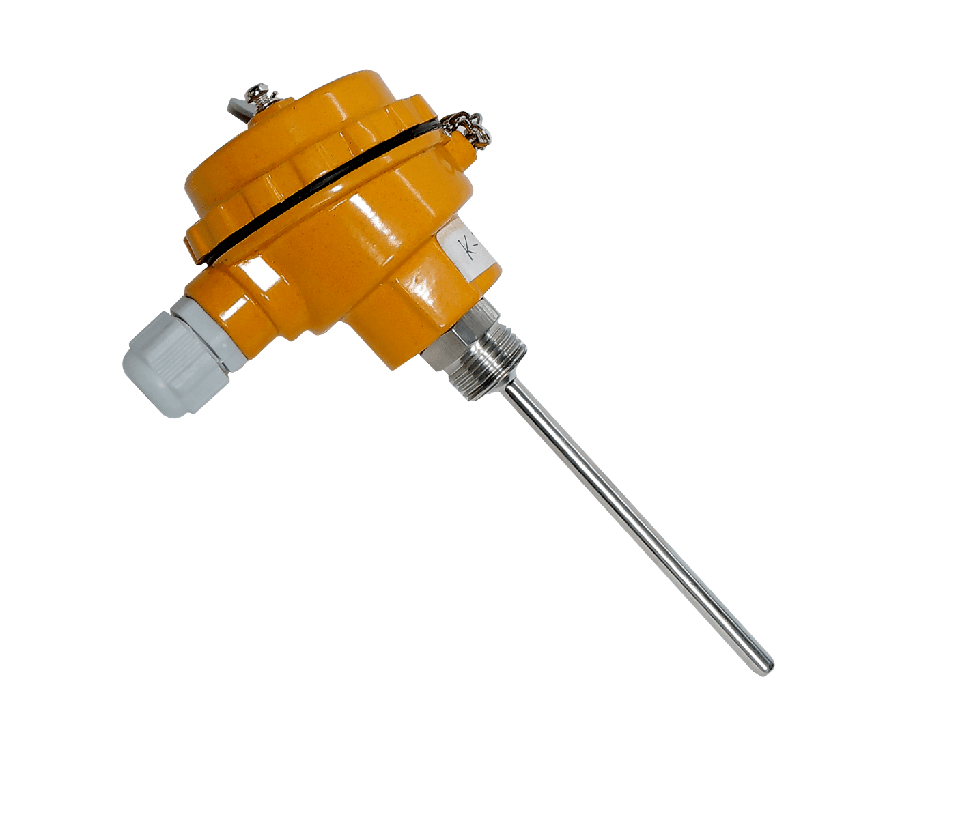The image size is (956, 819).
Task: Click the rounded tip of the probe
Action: pyautogui.click(x=766, y=665)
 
